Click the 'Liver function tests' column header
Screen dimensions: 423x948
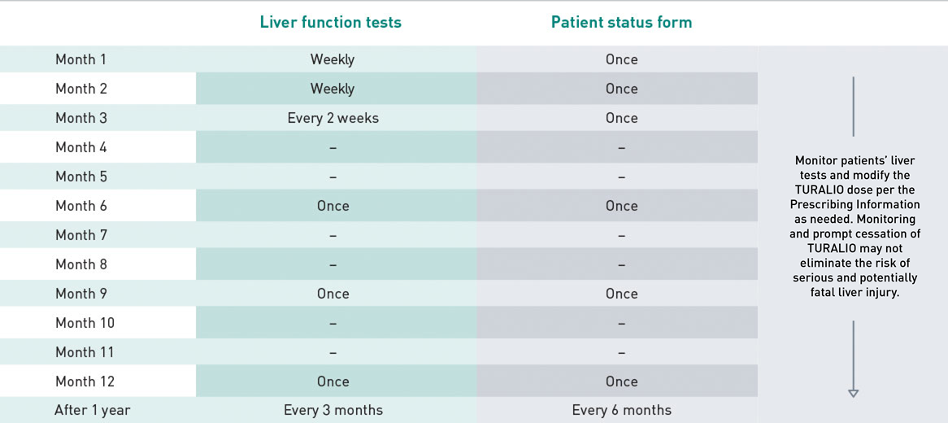[x=330, y=23]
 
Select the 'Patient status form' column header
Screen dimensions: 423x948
[x=621, y=23]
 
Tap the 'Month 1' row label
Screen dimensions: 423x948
[x=80, y=59]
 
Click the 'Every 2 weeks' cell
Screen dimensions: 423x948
[x=333, y=118]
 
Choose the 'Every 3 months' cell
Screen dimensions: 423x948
[x=333, y=410]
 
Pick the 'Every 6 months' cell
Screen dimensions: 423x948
[x=621, y=410]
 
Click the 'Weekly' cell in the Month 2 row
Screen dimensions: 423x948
[x=333, y=89]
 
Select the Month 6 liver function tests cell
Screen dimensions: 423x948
[x=333, y=206]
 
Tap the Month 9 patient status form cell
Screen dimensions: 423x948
[x=621, y=294]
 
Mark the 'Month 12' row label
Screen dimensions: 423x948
[x=85, y=382]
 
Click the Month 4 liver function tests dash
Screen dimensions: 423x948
[x=333, y=148]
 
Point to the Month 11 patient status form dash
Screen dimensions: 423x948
[x=621, y=353]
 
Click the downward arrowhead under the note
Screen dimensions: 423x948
[x=853, y=394]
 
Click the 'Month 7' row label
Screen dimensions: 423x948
[x=80, y=235]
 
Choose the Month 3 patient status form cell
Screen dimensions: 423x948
[x=621, y=118]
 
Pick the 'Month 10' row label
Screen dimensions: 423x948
[x=85, y=323]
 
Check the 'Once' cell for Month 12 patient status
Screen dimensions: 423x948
[x=621, y=382]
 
